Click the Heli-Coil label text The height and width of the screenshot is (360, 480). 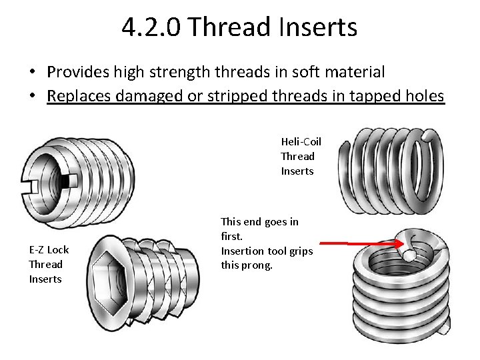pos(301,141)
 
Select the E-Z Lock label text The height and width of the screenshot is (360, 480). pos(49,249)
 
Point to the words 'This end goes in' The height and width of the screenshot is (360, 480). pos(259,221)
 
